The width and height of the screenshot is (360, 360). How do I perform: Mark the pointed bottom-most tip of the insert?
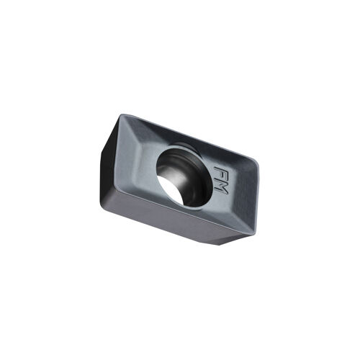click(219, 245)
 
